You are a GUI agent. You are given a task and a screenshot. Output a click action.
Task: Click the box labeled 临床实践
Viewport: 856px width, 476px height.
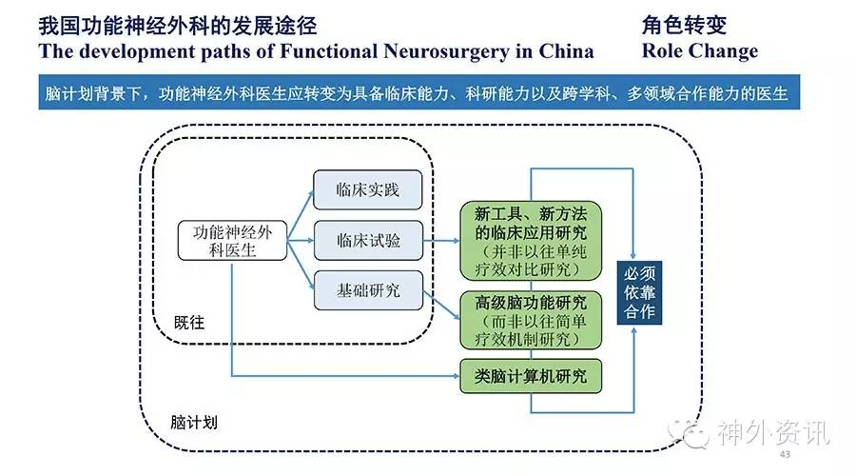[x=367, y=189]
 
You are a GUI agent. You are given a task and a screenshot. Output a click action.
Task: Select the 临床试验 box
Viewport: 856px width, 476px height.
[x=368, y=240]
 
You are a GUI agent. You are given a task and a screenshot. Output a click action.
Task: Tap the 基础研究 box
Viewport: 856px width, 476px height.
[x=368, y=290]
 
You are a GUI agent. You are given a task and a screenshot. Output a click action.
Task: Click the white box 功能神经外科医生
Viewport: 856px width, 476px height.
[x=232, y=241]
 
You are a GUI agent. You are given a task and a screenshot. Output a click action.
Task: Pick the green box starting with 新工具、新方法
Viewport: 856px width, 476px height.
[x=531, y=241]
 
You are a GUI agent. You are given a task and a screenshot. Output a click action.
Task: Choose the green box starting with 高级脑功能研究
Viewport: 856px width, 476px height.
[x=531, y=320]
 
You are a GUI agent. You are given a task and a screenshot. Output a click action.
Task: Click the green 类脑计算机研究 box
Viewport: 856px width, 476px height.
[x=531, y=376]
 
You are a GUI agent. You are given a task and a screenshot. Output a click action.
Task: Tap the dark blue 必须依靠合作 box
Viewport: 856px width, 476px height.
[x=639, y=292]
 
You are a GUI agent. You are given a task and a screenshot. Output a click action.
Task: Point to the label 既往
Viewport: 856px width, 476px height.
[x=189, y=323]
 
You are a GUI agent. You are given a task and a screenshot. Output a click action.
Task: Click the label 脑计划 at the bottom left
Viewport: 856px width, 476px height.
[x=194, y=422]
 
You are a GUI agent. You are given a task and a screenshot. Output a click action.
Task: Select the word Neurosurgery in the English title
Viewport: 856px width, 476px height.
[x=447, y=51]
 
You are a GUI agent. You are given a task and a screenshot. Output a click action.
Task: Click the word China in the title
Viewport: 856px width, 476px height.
[x=566, y=51]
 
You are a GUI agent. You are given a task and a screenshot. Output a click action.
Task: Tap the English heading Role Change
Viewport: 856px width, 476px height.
[x=700, y=51]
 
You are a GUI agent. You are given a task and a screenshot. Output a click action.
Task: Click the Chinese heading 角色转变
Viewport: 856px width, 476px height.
[x=684, y=25]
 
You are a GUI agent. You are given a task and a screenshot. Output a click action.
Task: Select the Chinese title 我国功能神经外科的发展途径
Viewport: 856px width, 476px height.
[x=178, y=26]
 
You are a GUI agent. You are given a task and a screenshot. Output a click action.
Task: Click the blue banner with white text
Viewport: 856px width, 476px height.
[x=419, y=92]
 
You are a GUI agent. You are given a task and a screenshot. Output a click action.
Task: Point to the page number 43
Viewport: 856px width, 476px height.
[x=785, y=454]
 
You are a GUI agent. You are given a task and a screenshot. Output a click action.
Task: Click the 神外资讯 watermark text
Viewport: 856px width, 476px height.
[x=773, y=433]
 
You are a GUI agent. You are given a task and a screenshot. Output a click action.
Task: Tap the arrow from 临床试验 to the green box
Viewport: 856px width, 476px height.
[x=441, y=241]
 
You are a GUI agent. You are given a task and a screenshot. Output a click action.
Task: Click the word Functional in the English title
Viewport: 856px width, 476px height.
[x=329, y=51]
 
